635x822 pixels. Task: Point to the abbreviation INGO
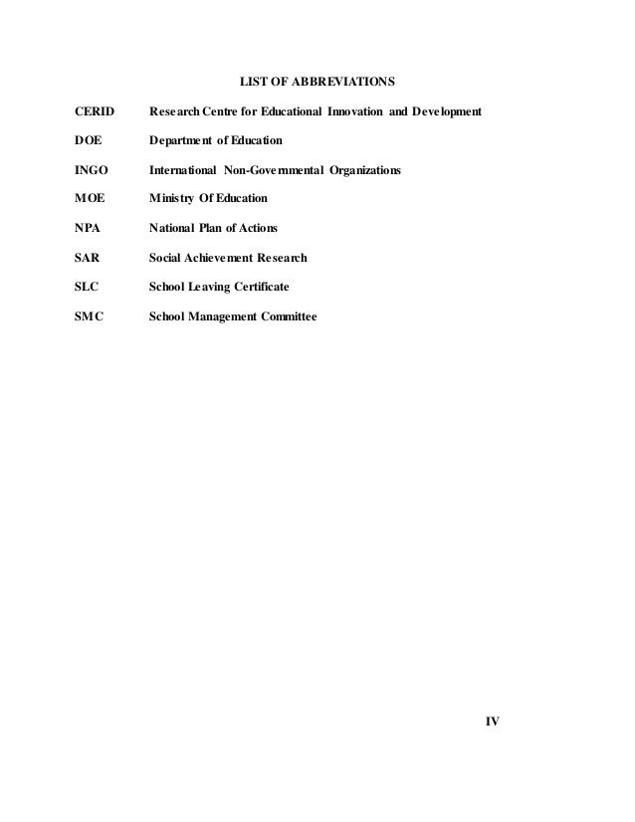click(93, 171)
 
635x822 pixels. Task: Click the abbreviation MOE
click(92, 200)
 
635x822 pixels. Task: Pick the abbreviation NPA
click(90, 230)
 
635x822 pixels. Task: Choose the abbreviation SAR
click(89, 258)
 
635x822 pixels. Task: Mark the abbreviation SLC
click(89, 287)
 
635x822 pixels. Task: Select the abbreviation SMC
click(91, 316)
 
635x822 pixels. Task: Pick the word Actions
click(257, 230)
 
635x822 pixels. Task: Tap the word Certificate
click(261, 287)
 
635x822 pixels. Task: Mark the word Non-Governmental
click(284, 171)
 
